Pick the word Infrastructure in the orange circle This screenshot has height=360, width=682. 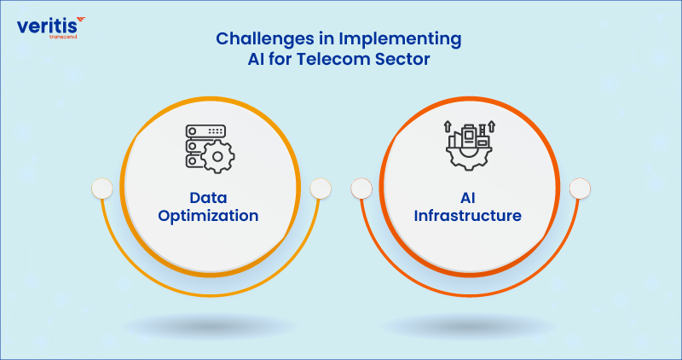(x=467, y=216)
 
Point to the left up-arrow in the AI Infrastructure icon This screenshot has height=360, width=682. (x=448, y=127)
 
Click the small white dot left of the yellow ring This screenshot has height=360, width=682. (x=102, y=188)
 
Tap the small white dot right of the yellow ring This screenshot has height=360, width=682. (x=320, y=188)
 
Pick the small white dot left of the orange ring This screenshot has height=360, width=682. (x=361, y=188)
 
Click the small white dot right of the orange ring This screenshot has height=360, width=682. (x=580, y=188)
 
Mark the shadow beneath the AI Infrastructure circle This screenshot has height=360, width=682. (x=469, y=324)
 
